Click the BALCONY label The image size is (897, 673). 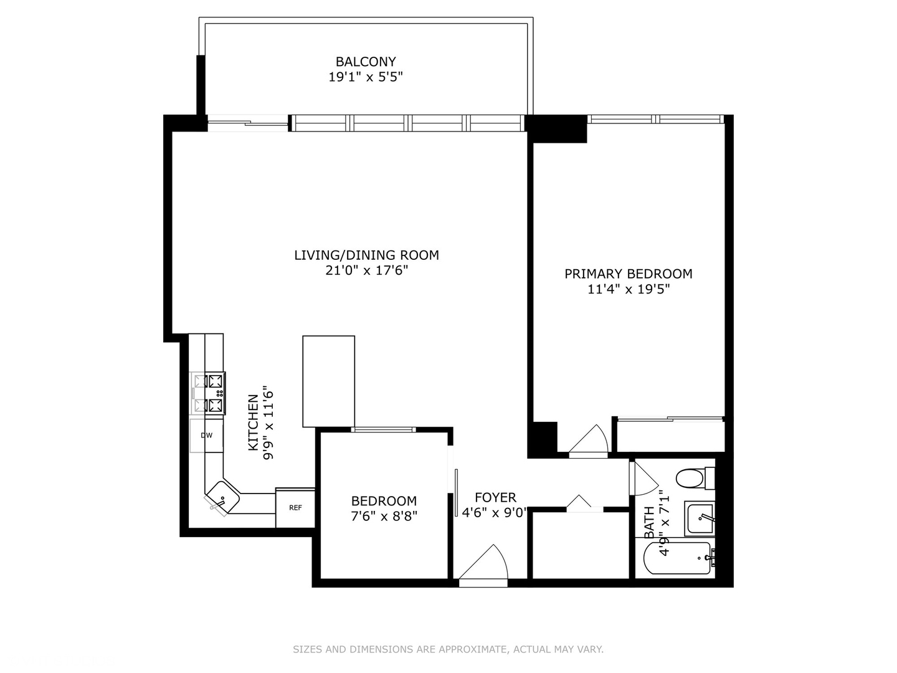(366, 62)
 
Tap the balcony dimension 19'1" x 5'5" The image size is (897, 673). (366, 77)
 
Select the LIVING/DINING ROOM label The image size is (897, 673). (366, 255)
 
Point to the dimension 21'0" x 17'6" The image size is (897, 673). (366, 270)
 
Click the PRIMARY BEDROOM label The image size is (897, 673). (628, 274)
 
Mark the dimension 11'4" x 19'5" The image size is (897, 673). (628, 289)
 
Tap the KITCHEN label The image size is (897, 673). (253, 422)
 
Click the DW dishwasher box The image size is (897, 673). (206, 436)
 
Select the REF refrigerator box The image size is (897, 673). (295, 508)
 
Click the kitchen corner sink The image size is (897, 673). (222, 497)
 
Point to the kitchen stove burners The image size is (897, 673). (208, 393)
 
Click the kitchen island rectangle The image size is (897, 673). (328, 381)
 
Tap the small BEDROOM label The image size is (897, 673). (384, 501)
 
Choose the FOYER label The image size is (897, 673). (495, 497)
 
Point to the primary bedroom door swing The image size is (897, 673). (589, 441)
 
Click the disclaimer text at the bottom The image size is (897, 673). (448, 649)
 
